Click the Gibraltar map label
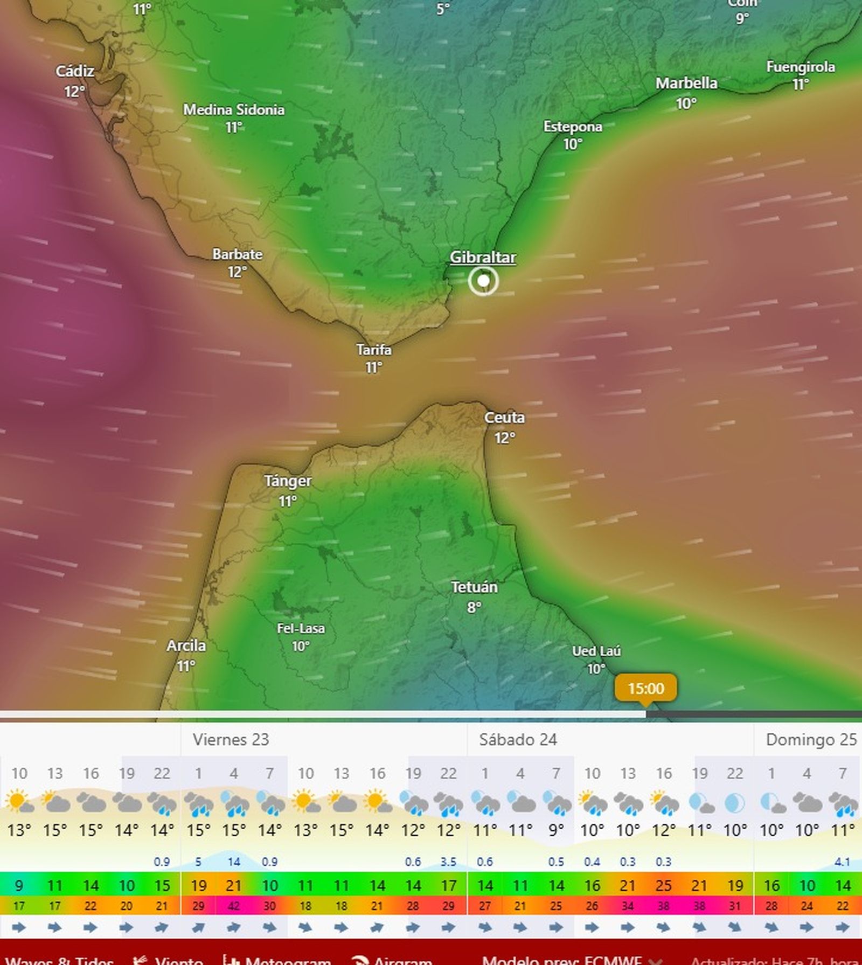coord(483,258)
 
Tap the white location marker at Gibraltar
coord(483,281)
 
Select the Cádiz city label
coord(75,71)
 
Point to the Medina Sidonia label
coord(234,110)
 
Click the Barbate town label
coord(237,254)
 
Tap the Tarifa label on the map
coord(374,350)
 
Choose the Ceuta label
coord(504,418)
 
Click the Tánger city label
coord(288,481)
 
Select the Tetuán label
coord(474,587)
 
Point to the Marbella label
coord(686,84)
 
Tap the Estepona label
coord(573,127)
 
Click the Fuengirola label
coord(801,67)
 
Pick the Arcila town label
coord(186,645)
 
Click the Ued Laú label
coord(596,651)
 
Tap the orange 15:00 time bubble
coord(646,688)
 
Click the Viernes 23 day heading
coord(231,739)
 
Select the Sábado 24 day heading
coord(518,739)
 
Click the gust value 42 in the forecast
coord(234,906)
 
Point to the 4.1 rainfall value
coord(842,862)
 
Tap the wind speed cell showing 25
coord(664,885)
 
